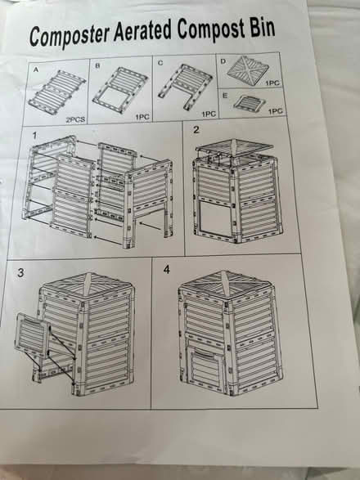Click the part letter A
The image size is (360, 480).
click(34, 70)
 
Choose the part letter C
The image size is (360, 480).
click(160, 62)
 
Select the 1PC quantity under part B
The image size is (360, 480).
click(141, 117)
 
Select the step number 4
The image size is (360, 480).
click(168, 270)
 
